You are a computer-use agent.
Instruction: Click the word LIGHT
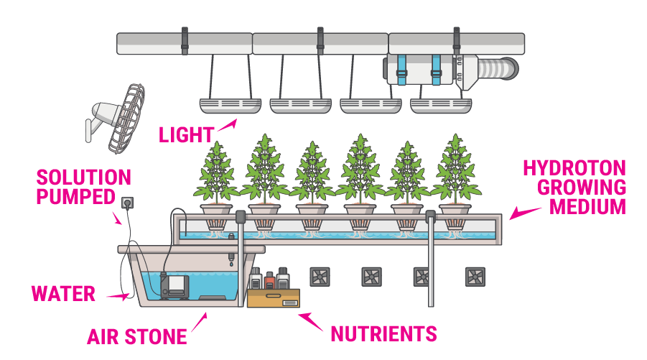point(186,134)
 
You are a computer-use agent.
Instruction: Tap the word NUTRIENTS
point(383,333)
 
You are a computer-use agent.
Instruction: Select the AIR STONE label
point(137,336)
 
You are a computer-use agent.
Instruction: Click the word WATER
point(63,293)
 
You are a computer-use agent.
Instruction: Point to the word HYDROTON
point(574,168)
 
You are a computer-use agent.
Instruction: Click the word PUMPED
point(75,196)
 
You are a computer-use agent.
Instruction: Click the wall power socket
point(129,203)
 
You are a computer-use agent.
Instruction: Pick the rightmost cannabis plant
point(456,170)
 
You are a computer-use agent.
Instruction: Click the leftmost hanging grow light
point(229,106)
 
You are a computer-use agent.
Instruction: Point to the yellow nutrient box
point(273,297)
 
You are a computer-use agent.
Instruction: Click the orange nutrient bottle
point(269,279)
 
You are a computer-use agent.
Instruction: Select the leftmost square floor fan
point(319,277)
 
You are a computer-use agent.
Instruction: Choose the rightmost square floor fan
point(475,277)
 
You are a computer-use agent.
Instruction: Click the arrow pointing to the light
point(226,126)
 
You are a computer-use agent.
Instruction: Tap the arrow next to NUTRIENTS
point(309,320)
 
